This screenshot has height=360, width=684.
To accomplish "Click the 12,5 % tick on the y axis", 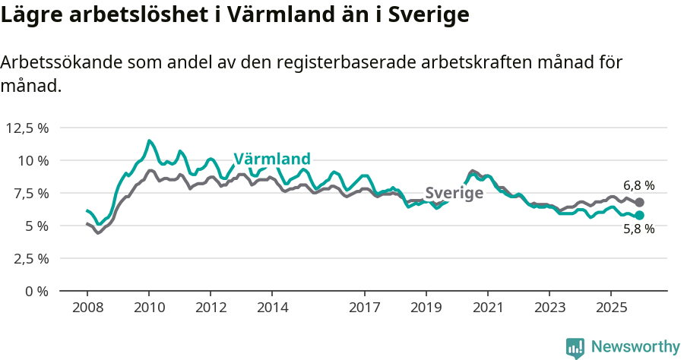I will click(27, 128).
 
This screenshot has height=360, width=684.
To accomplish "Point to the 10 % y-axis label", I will click(33, 160).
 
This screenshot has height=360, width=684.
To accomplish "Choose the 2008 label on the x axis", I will click(87, 308).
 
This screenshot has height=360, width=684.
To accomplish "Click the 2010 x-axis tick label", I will click(149, 308).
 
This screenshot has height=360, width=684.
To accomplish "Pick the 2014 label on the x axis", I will click(272, 308).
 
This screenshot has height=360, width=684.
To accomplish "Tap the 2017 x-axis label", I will click(364, 308).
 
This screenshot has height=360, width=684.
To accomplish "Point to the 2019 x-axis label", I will click(426, 308).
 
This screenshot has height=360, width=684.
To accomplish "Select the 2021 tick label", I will click(487, 308).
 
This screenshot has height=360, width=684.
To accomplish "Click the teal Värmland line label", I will click(272, 159).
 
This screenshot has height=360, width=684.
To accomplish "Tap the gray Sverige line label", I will click(454, 193).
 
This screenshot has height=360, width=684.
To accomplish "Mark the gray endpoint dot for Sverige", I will click(639, 203).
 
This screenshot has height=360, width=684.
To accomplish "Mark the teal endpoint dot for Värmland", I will click(639, 216).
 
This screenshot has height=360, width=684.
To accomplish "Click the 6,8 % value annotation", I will click(638, 185).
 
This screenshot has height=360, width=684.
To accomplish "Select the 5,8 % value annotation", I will click(638, 229).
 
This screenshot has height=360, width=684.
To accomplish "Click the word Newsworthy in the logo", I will click(635, 347).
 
